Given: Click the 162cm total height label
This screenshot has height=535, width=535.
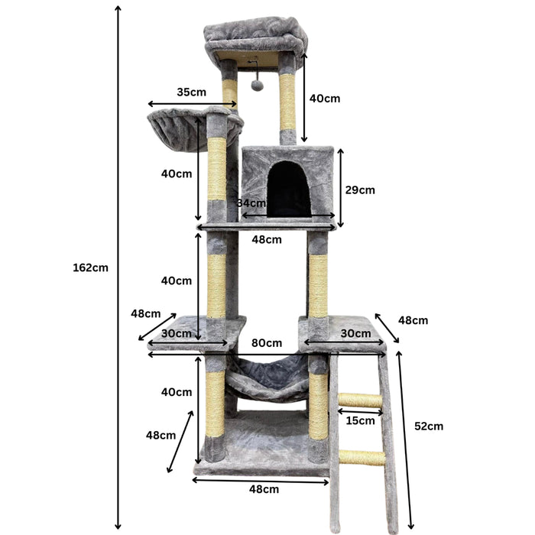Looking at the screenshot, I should [90, 267].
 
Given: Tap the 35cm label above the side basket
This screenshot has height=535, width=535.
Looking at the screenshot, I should [191, 92].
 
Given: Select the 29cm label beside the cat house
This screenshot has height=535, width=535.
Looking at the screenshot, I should [359, 190].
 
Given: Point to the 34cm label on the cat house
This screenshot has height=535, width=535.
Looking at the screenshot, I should [251, 203].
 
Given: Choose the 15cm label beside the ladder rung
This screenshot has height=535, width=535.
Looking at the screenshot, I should [360, 420].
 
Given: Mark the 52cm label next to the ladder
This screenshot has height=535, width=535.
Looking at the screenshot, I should [428, 426].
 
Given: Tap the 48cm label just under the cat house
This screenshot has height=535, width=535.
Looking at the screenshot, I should [267, 239].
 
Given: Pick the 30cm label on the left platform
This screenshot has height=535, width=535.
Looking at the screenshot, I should [177, 334].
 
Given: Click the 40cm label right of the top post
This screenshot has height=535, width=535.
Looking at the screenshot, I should [325, 99].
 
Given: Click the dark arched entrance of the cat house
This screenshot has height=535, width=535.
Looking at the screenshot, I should [288, 189].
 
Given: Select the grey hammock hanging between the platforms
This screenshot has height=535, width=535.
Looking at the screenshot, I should [267, 374].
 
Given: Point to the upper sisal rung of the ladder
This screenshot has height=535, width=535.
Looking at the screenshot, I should [360, 400].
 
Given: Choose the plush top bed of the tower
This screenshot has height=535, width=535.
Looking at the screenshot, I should [256, 38].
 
